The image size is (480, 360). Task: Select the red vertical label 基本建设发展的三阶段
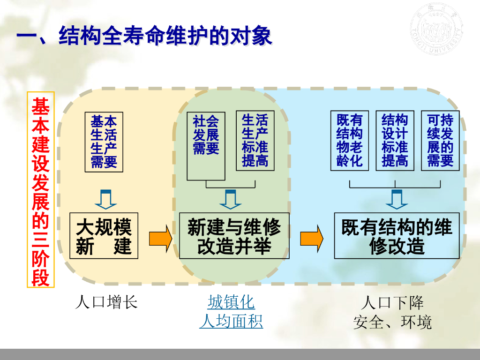[41, 189]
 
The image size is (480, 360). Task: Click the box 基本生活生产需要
[104, 142]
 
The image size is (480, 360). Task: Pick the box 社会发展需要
[206, 146]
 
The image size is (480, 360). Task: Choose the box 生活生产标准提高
[255, 141]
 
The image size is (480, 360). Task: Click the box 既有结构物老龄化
[350, 141]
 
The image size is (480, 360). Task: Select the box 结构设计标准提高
[395, 141]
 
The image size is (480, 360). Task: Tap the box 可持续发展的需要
[440, 141]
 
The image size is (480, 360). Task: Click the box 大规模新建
[104, 236]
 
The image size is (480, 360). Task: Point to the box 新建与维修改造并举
[234, 236]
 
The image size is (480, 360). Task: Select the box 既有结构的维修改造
[396, 236]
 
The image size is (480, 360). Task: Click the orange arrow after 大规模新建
[161, 238]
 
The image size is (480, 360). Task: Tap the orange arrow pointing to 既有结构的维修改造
[312, 238]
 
